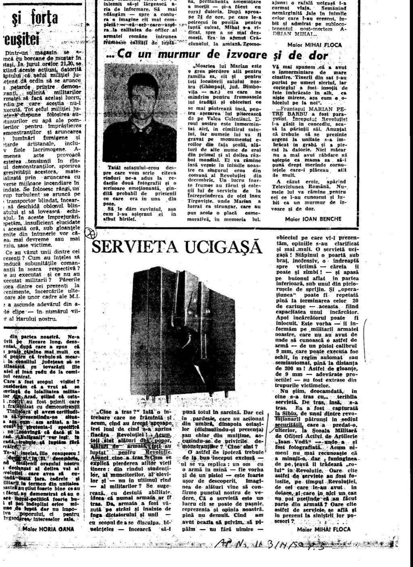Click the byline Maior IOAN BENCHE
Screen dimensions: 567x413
click(313, 219)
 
